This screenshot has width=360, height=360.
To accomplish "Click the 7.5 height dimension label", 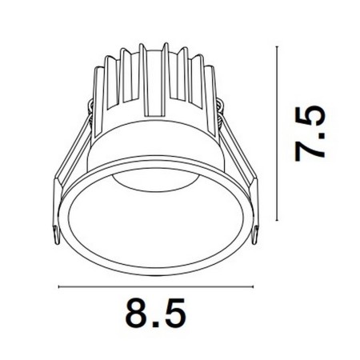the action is (x=310, y=134).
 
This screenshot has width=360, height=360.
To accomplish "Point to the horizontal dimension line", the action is (x=155, y=286).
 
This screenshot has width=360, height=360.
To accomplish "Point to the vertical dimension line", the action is (x=277, y=134).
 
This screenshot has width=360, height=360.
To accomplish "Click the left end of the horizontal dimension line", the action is (x=58, y=286).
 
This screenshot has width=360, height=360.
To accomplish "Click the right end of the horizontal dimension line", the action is (x=253, y=286).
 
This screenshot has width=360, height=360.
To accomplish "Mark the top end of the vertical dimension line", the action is (x=277, y=46).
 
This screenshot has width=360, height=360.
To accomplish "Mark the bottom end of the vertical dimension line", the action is (x=277, y=221).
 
